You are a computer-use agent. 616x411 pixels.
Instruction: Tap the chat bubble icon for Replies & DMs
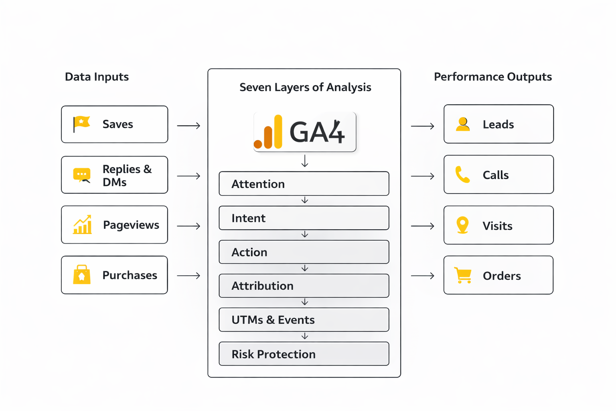82,175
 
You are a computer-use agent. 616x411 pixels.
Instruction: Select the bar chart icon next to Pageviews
82,225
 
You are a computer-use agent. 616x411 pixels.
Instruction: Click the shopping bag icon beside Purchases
82,275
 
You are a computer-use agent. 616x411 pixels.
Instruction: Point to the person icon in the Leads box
463,124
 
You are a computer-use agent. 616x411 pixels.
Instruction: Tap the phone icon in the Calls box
462,175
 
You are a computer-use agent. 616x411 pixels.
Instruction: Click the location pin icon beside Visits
462,225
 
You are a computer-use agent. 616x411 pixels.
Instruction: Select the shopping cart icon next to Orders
463,275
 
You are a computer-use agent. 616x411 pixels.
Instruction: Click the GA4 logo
305,132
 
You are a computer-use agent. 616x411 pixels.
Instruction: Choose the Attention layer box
304,184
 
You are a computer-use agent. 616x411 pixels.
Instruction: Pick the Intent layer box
304,218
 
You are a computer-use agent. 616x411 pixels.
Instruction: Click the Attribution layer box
304,286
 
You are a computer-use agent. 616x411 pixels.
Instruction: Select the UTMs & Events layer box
304,320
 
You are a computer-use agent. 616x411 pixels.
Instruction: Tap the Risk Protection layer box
304,354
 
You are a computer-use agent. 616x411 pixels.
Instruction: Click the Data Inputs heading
97,77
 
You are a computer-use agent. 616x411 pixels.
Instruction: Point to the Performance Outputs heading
492,77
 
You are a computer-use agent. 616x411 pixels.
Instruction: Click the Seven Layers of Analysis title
305,87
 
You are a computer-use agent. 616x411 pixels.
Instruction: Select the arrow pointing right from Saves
188,126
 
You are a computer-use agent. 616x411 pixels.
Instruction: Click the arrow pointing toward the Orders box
423,276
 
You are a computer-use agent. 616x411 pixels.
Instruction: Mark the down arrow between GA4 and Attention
305,161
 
